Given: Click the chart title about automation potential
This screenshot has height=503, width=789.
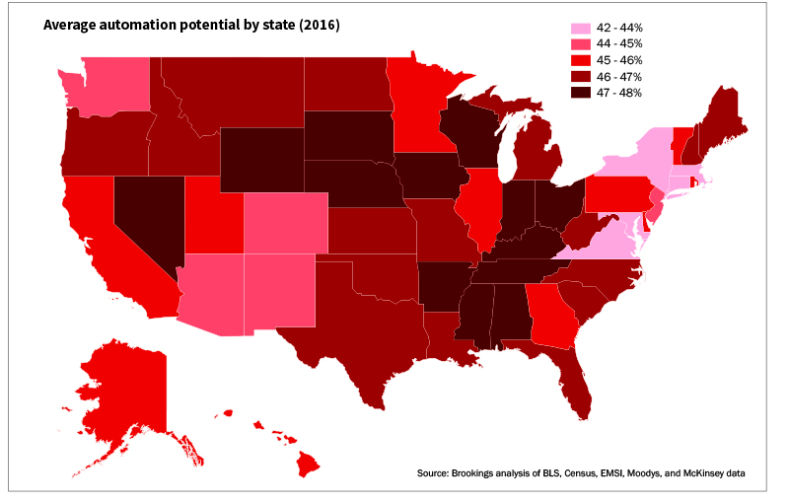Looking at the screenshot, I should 191,26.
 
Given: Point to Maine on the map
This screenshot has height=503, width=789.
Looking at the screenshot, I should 725,118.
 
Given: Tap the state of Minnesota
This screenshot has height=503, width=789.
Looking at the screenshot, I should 419,108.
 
